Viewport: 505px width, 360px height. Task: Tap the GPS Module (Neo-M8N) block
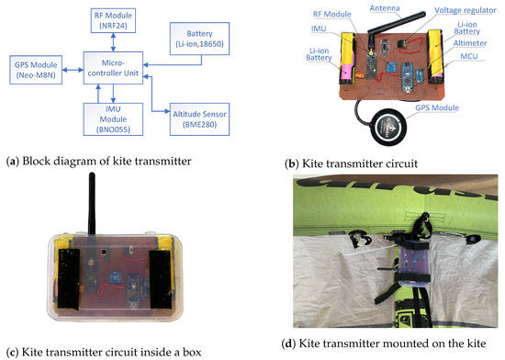[x=36, y=69]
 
